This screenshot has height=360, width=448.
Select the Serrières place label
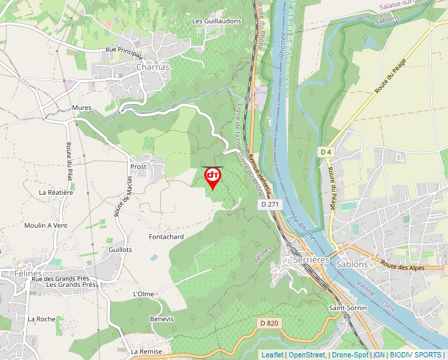[309, 260]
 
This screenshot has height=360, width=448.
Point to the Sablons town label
[352, 264]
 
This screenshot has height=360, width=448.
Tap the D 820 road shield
[269, 322]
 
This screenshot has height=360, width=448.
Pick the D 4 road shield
[325, 152]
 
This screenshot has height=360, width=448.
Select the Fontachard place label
[166, 236]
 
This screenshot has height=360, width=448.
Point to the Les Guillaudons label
[216, 21]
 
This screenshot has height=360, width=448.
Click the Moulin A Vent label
[45, 225]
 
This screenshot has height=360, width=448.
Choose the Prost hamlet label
[138, 167]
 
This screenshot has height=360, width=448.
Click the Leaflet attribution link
[272, 355]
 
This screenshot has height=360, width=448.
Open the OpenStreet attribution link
[306, 355]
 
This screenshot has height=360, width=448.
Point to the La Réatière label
[56, 192]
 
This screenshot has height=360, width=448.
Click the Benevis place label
[162, 319]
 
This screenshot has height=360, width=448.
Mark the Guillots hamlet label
[121, 250]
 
